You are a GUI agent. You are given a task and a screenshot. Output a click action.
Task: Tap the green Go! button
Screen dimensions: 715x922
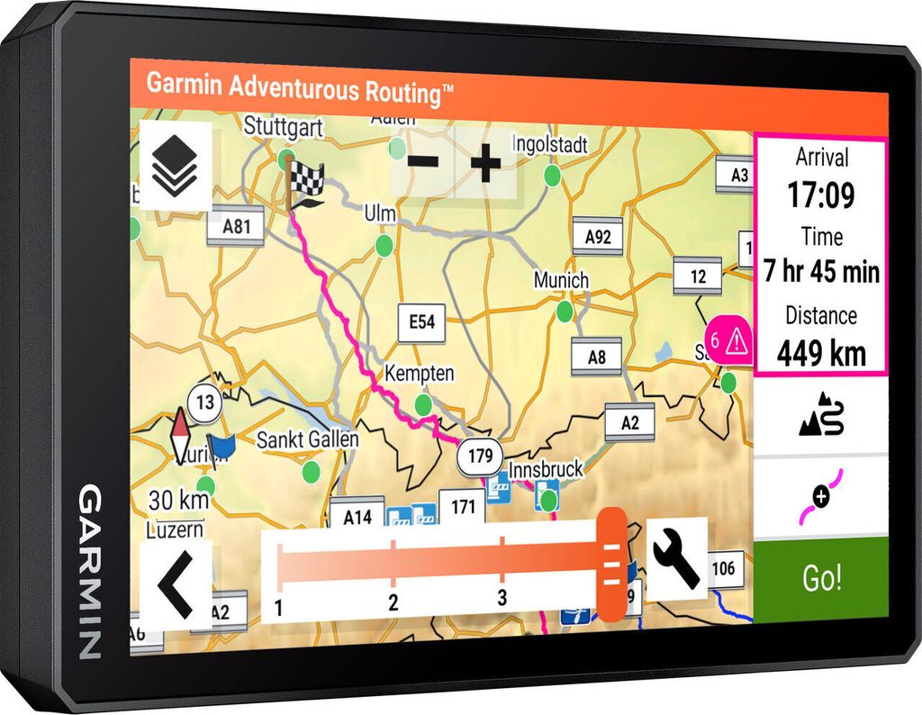[820, 579]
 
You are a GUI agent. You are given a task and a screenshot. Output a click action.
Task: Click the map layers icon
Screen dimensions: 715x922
[175, 167]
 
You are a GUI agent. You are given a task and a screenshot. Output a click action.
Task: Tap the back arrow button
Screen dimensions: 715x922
[176, 586]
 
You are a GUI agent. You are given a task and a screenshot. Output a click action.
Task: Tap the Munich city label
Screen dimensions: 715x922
[561, 280]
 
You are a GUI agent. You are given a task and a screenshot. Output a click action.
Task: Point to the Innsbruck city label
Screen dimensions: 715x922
[546, 469]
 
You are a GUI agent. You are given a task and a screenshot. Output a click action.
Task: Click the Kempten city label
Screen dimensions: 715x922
[420, 373]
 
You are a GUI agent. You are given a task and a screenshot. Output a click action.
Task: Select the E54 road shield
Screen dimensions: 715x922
[421, 321]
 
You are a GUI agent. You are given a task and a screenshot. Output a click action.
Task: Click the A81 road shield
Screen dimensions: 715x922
[236, 227]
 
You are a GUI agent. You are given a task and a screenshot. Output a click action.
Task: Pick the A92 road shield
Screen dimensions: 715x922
[598, 237]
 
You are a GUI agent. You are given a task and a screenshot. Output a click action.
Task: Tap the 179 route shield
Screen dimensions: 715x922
[480, 457]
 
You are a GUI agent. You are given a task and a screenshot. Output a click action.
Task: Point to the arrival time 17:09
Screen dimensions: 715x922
[820, 194]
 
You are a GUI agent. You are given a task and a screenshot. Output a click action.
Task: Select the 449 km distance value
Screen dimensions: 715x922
[821, 352]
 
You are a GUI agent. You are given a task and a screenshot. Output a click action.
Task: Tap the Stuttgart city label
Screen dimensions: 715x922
[283, 127]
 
